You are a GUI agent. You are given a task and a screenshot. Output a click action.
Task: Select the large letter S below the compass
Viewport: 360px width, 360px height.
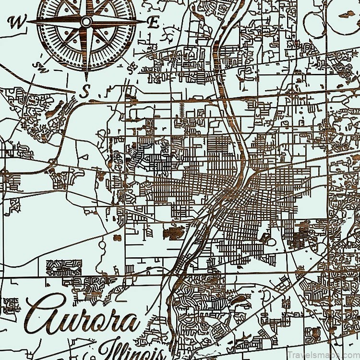point(84,91)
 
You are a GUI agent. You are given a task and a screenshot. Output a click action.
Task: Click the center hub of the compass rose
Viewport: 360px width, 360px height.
point(86,22)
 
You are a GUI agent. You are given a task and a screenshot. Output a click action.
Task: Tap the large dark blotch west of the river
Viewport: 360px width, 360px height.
point(174,233)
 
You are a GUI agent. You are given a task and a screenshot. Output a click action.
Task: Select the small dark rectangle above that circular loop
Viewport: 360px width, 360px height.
point(117,238)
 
